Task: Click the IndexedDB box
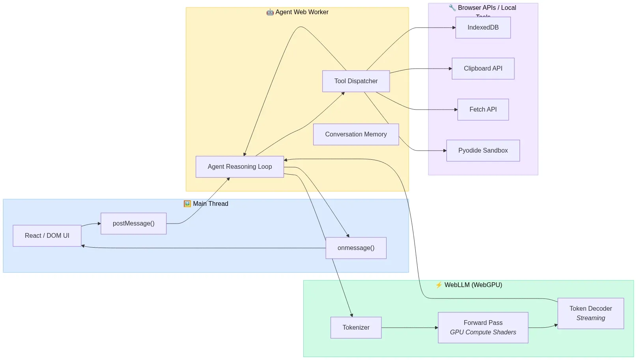483,28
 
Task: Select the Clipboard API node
483,69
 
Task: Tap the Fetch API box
483,110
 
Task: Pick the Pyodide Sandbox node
483,151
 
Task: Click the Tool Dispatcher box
356,81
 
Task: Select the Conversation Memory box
356,134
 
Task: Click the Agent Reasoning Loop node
239,167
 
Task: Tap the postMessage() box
133,224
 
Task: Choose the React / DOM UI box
47,236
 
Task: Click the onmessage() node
356,248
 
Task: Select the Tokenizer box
356,328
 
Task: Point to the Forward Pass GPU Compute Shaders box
483,328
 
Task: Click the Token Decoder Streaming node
590,313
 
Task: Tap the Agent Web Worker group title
302,12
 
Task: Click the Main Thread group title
210,204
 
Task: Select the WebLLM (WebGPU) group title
473,285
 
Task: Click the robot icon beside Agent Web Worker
270,12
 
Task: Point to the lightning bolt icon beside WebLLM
439,285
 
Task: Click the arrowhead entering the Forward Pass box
436,328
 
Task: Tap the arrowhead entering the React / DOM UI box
83,246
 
